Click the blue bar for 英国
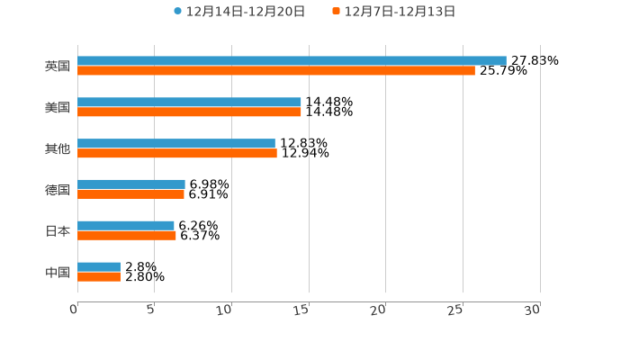292,60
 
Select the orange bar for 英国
276,71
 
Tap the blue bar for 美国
189,102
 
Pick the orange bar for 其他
177,154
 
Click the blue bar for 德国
131,184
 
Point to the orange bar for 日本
127,236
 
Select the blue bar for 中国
99,266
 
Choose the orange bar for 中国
99,277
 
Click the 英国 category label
58,66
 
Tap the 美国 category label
58,107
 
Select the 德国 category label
58,189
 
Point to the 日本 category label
58,230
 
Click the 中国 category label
58,272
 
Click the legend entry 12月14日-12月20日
246,12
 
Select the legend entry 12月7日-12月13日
400,12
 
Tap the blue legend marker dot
178,12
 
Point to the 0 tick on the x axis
75,310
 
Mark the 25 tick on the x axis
456,310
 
